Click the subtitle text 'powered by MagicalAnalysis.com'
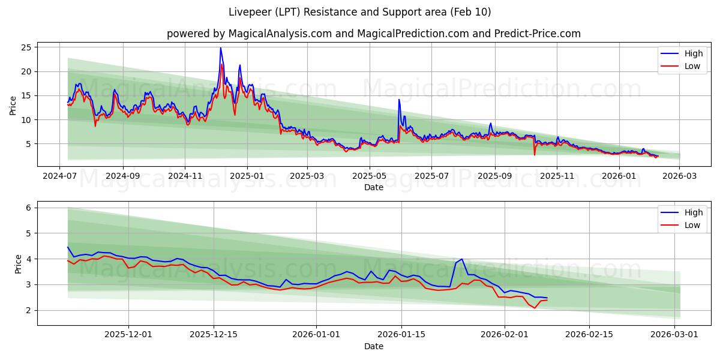249,34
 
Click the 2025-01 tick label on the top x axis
247,176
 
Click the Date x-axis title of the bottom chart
373,346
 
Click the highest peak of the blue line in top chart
220,48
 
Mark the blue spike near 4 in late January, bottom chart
461,259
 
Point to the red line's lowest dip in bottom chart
535,308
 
